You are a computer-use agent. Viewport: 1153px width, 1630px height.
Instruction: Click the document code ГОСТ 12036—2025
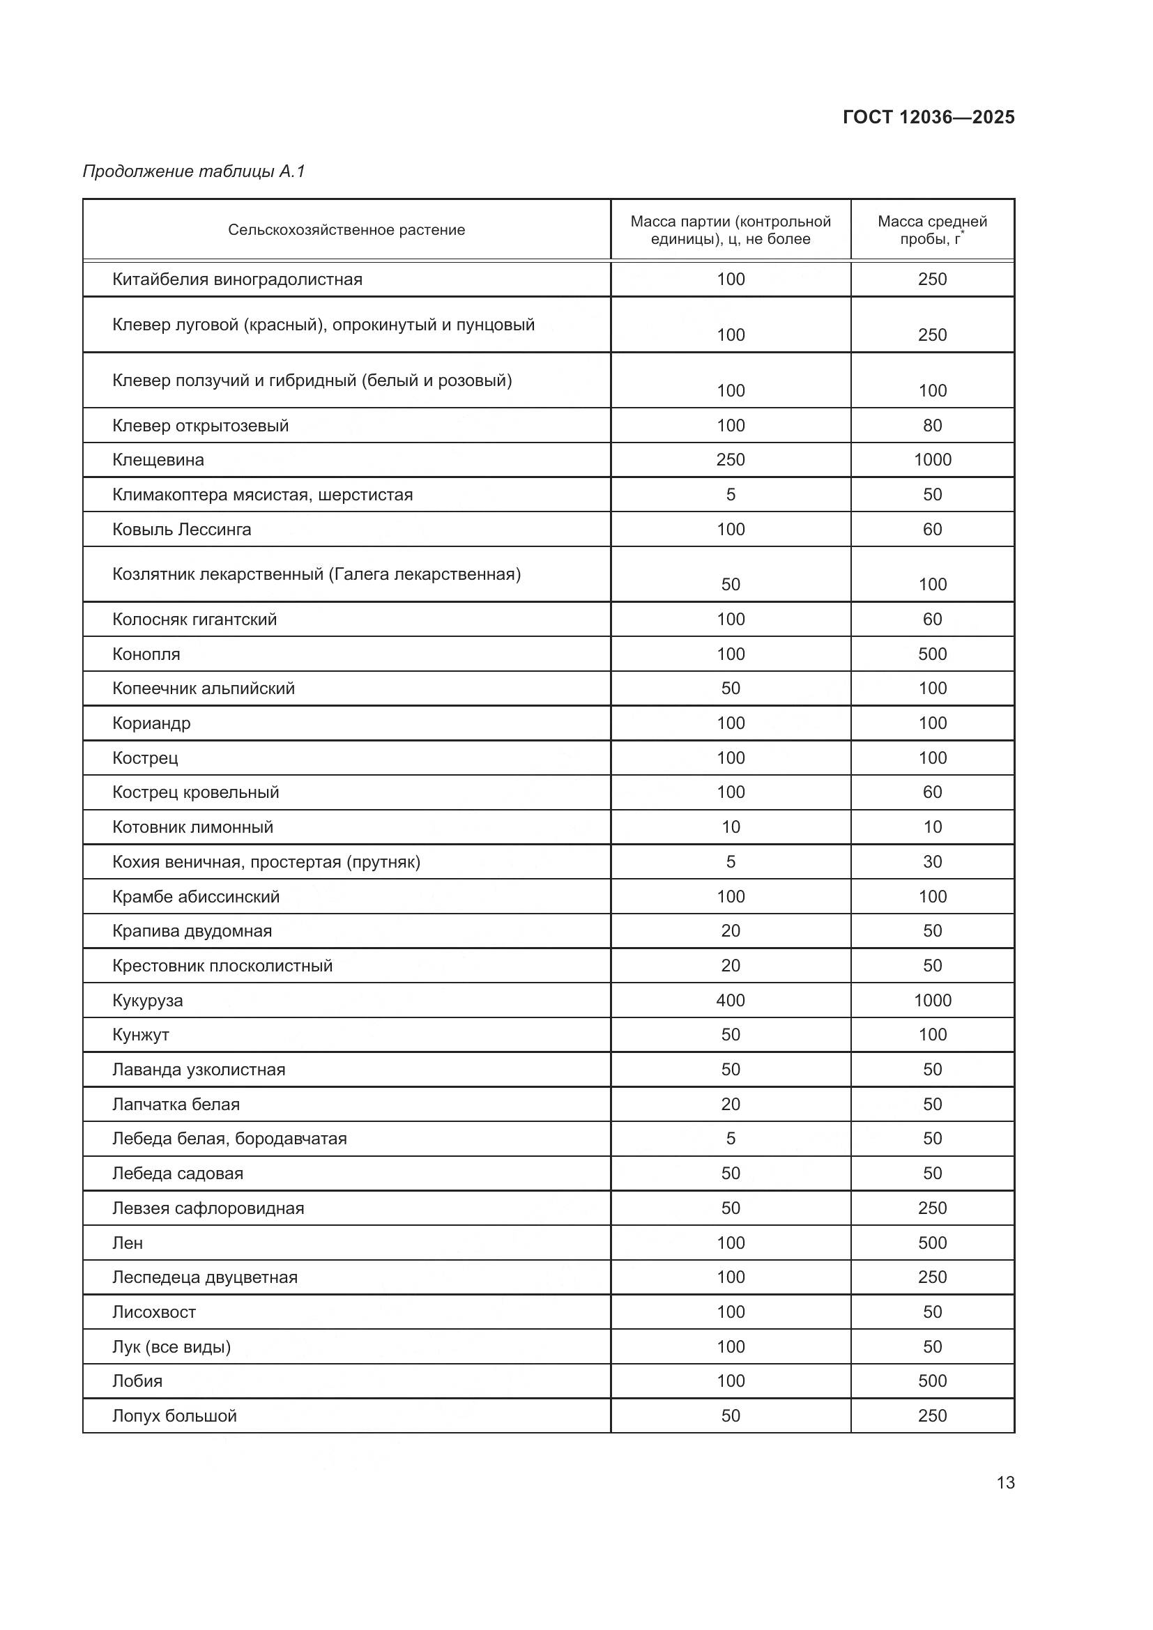928,117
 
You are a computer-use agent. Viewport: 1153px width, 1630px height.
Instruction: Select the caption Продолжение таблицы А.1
194,171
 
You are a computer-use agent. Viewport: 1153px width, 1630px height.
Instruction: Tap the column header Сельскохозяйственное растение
346,230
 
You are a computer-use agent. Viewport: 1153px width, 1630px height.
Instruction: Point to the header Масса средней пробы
931,230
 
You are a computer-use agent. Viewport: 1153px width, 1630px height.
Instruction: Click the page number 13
1005,1482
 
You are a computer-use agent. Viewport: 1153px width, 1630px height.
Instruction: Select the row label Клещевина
158,460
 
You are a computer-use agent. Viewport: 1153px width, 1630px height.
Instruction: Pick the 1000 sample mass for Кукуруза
931,1000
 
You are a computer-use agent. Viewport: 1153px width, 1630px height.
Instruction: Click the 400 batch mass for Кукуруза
731,1000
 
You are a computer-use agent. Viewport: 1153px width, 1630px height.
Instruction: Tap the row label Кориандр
151,723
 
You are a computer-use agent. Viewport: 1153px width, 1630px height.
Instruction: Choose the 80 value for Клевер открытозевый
931,426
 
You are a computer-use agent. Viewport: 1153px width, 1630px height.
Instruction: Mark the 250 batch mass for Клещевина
731,460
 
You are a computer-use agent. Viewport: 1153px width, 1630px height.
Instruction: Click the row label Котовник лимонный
192,827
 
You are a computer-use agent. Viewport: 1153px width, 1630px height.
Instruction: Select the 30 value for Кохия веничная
931,862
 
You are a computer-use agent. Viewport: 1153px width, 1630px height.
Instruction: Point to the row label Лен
128,1243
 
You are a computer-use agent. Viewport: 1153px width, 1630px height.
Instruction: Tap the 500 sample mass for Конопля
931,654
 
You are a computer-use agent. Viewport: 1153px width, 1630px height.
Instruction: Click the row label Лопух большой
175,1415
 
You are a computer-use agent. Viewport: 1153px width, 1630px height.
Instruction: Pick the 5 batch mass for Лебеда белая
731,1139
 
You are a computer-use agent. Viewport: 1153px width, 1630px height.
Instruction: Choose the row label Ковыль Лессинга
182,530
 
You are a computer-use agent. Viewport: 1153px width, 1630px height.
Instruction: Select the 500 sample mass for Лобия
931,1381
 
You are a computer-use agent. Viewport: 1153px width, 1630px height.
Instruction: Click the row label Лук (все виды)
171,1347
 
